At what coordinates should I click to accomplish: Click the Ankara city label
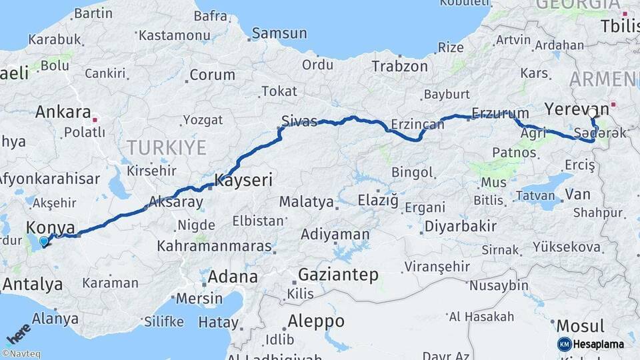tap(63, 112)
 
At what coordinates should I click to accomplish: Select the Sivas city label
tap(299, 121)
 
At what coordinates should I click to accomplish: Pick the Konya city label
tap(51, 227)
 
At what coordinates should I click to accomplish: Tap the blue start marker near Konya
tap(44, 242)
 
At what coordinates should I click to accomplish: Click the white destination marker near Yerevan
tap(591, 113)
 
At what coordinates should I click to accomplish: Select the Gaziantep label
tap(338, 274)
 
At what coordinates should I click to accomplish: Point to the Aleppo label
tap(316, 321)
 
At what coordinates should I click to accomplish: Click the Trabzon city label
tap(399, 66)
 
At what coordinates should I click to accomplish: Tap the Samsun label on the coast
tap(279, 33)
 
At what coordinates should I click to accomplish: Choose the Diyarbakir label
tap(460, 226)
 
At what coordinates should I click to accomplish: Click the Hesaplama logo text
tap(598, 344)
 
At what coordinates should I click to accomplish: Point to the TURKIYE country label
tap(167, 147)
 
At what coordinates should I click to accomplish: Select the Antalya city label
tap(32, 285)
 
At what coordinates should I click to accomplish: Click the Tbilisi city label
tap(619, 27)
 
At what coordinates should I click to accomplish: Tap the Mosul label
tap(580, 326)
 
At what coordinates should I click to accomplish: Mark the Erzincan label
tap(417, 125)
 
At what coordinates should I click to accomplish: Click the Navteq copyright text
tap(23, 354)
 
